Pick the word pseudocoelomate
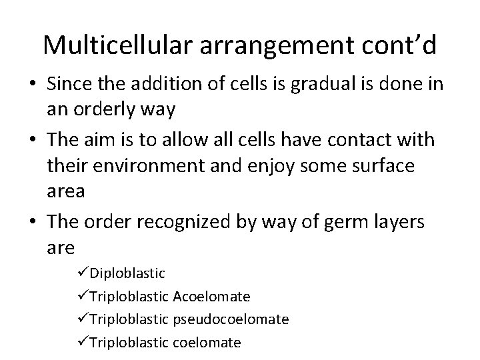[231, 319]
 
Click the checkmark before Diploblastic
[83, 273]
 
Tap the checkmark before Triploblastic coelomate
[83, 343]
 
